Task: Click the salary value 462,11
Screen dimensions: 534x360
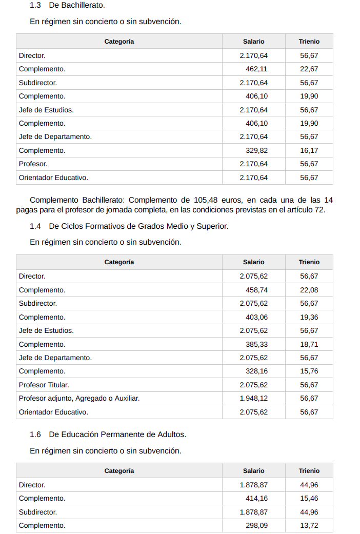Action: pyautogui.click(x=256, y=69)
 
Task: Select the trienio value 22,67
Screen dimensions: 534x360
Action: pyautogui.click(x=309, y=69)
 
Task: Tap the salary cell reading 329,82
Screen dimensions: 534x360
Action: pyautogui.click(x=256, y=151)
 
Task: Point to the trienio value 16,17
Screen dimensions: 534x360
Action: pyautogui.click(x=309, y=151)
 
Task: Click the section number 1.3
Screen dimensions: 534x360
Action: pyautogui.click(x=35, y=5)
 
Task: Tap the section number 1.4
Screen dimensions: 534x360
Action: pyautogui.click(x=35, y=226)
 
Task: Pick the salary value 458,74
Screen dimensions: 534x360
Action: pyautogui.click(x=256, y=290)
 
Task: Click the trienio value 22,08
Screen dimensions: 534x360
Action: pyautogui.click(x=309, y=290)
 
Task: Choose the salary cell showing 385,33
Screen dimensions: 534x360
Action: pyautogui.click(x=256, y=344)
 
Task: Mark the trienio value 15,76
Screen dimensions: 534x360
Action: pyautogui.click(x=309, y=371)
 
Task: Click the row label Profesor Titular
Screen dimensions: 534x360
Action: pyautogui.click(x=44, y=385)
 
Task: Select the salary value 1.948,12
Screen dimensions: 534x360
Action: pyautogui.click(x=253, y=399)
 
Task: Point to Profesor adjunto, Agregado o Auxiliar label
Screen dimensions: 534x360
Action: pyautogui.click(x=79, y=399)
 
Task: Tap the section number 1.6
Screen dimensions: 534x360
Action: pyautogui.click(x=35, y=434)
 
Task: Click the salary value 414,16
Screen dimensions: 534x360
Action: pyautogui.click(x=256, y=499)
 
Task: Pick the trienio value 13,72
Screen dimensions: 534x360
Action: pyautogui.click(x=309, y=526)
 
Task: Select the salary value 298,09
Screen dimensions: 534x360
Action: pyautogui.click(x=256, y=526)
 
